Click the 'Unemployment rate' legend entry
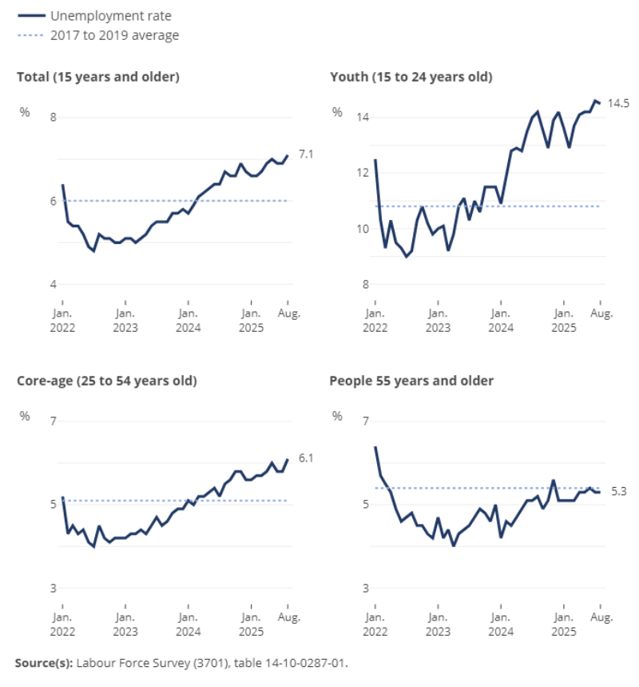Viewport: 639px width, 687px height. pos(110,15)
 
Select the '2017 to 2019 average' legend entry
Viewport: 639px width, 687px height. pos(114,35)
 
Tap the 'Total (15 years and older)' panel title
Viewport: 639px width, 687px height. pos(98,77)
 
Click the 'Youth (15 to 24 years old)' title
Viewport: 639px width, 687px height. pos(411,77)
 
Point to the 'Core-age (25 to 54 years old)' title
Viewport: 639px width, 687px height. pos(107,381)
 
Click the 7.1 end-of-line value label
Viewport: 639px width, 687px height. pos(305,154)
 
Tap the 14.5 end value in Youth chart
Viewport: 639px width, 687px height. pos(618,103)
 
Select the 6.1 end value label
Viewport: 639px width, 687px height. pos(305,458)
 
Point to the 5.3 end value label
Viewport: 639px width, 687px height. pos(618,492)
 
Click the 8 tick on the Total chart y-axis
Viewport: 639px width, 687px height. pos(54,118)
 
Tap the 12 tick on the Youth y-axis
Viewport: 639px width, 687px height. pos(363,173)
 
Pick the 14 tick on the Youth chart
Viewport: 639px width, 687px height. pos(363,118)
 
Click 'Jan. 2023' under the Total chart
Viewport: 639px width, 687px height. pos(125,321)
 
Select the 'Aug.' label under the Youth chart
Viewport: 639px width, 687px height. pos(601,314)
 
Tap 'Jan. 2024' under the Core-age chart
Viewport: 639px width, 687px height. pos(188,625)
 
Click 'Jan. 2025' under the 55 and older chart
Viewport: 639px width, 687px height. pos(563,625)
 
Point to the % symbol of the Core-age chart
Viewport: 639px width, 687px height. pos(25,416)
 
